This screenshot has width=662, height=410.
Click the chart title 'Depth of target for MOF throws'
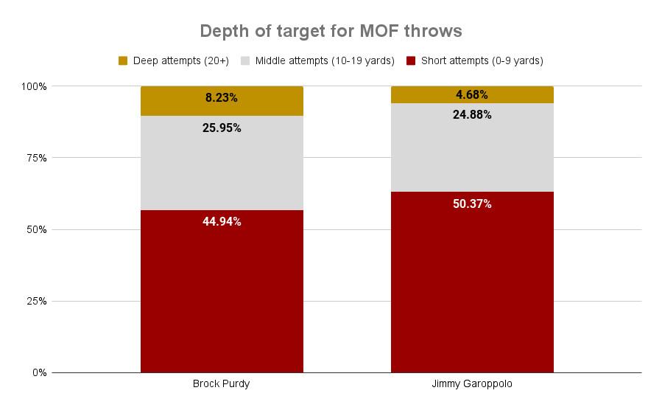coord(331,32)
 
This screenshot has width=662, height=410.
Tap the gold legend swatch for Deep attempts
coord(123,60)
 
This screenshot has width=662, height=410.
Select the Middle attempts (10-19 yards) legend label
coord(325,60)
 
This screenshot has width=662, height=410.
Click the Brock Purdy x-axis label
coord(222,384)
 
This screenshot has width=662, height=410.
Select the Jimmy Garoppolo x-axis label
coord(472,384)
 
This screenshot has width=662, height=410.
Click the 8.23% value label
coord(222,97)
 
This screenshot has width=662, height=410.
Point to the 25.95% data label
coord(222,128)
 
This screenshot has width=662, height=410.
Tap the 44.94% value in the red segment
coord(222,221)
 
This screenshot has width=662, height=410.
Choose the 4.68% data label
coord(472,94)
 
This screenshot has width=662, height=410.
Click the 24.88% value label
coord(472,114)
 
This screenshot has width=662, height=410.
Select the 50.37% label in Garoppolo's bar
coord(472,204)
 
